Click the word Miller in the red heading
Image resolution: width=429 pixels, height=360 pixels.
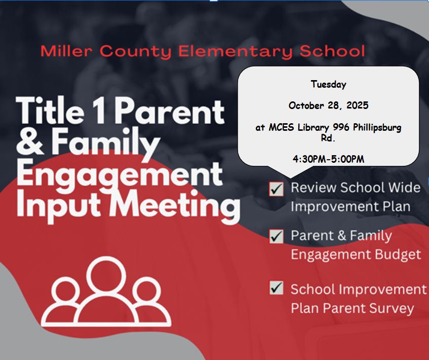click(66, 51)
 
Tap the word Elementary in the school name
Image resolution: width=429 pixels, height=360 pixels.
click(236, 51)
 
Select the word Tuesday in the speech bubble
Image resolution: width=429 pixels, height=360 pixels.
click(328, 84)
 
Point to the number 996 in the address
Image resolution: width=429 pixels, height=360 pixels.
click(341, 127)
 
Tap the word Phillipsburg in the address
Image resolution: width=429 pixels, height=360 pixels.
click(377, 127)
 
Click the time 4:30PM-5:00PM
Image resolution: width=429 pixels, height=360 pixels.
click(328, 159)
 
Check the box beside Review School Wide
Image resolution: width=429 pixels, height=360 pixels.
click(277, 189)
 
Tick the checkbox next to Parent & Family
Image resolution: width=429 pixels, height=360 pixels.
click(277, 236)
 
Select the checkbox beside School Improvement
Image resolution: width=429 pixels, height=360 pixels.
click(277, 287)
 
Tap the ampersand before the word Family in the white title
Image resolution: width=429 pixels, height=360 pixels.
click(30, 141)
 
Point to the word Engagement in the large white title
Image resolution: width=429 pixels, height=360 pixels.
click(120, 174)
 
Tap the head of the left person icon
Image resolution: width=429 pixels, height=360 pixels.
click(65, 291)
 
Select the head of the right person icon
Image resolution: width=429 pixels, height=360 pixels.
click(147, 291)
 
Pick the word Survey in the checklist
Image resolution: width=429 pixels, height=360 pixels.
click(392, 308)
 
